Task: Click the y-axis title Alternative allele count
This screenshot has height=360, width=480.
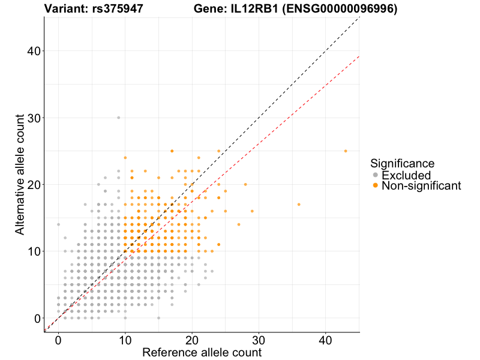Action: (20, 175)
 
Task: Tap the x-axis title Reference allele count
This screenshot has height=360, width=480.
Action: (202, 352)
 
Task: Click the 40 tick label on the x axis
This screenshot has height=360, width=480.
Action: (326, 339)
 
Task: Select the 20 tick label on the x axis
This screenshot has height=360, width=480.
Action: (192, 339)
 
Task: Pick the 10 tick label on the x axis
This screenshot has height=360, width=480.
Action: (125, 339)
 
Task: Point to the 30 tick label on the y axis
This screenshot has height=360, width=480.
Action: (35, 118)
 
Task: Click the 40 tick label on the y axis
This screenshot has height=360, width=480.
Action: (35, 51)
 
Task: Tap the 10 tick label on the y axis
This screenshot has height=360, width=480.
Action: (35, 251)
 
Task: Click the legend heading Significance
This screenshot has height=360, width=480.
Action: (402, 163)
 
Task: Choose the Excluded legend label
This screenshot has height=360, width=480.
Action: (406, 175)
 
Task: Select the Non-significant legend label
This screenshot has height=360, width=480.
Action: (421, 186)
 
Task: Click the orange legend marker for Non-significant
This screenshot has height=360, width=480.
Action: (376, 186)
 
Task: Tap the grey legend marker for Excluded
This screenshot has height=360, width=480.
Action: (376, 175)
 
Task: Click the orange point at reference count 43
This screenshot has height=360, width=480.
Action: (346, 151)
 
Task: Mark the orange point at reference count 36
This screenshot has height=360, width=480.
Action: (299, 205)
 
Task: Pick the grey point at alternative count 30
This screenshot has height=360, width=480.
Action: (118, 118)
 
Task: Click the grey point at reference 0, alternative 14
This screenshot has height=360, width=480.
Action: (58, 224)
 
